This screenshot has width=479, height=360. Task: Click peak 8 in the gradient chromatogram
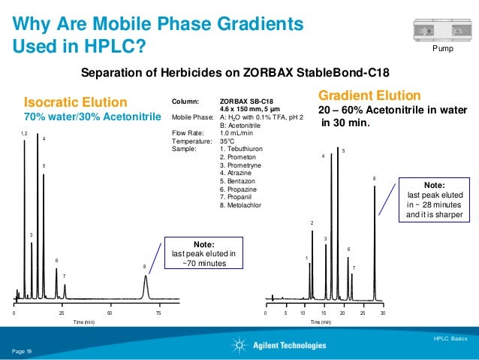point(375,241)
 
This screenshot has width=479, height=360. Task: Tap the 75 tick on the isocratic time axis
point(158,311)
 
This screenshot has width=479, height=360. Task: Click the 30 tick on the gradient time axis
point(383,311)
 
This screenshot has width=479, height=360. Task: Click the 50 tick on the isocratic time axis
point(110,311)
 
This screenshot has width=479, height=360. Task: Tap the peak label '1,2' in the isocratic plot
point(23,132)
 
